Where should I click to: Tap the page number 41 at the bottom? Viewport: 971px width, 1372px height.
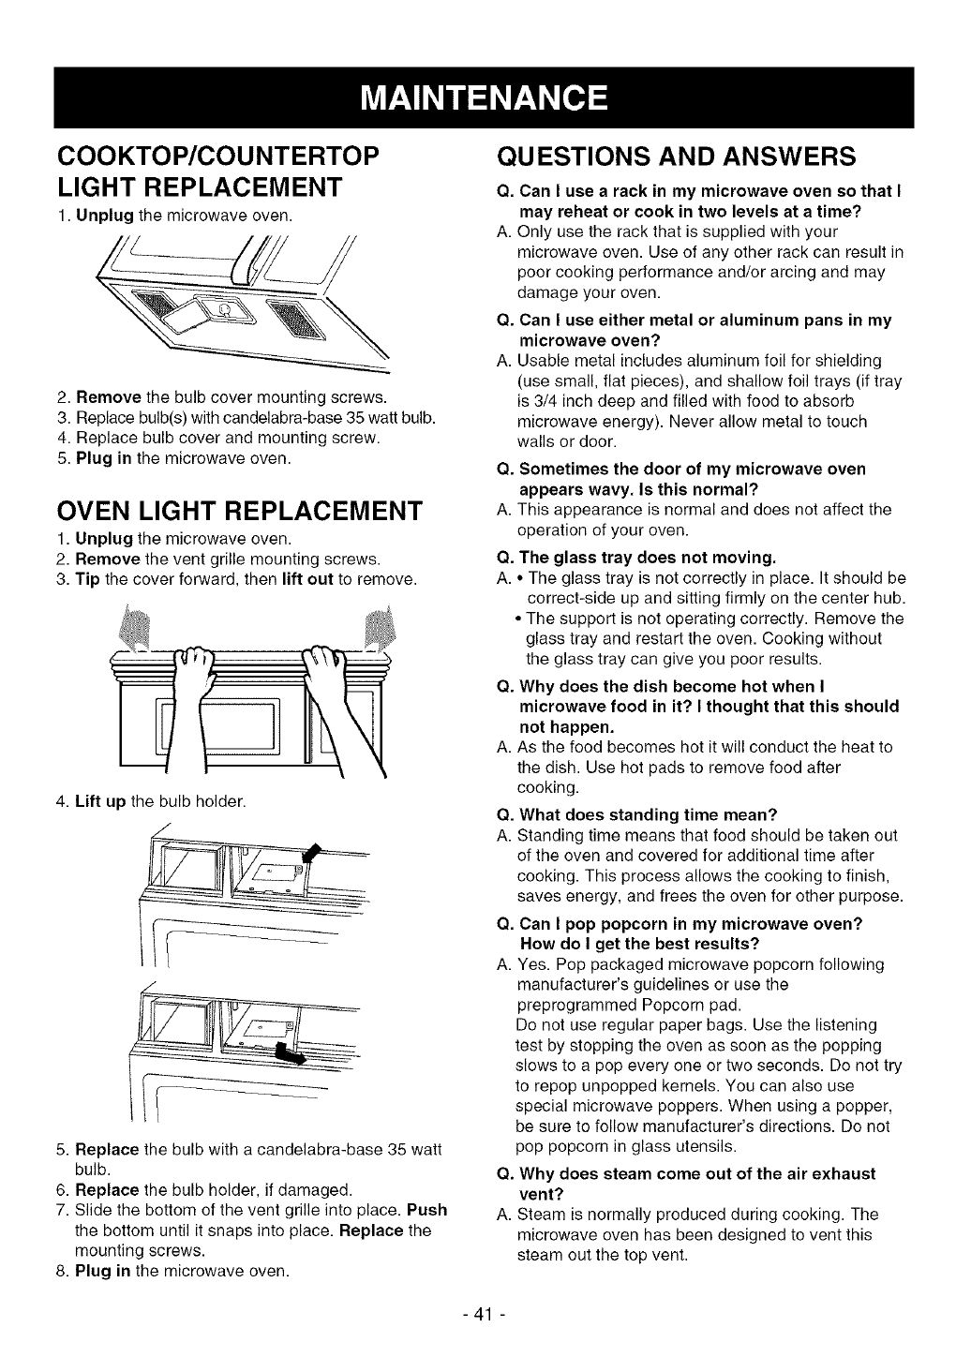click(485, 1313)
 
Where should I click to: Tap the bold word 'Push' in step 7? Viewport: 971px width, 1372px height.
click(427, 1210)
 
